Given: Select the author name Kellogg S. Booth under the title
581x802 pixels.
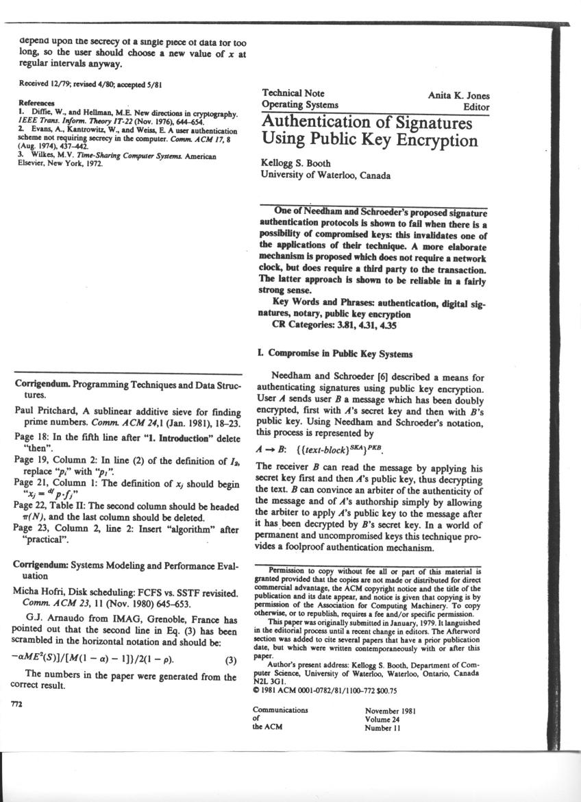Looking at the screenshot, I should (295, 163).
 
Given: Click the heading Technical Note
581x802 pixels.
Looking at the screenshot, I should (293, 93).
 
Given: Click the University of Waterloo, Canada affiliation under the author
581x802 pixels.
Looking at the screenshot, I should (325, 175).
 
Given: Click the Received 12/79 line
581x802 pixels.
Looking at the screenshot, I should (90, 84).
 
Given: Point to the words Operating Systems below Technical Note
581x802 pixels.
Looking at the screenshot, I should (299, 105).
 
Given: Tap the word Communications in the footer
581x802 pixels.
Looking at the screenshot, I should (280, 711).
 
